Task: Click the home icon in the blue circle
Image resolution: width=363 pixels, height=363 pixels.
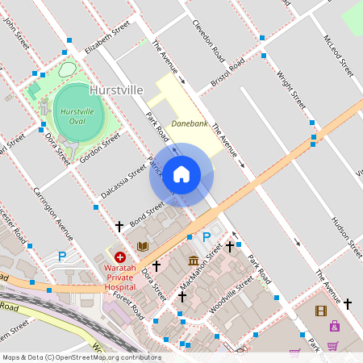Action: (181, 174)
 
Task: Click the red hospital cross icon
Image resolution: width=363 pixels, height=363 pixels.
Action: (119, 257)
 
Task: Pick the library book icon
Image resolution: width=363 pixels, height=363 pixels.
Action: (143, 246)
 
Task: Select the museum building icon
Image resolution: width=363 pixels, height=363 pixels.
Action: (194, 261)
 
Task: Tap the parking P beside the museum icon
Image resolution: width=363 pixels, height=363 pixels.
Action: (207, 237)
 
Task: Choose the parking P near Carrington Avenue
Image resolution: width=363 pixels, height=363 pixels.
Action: (62, 257)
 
